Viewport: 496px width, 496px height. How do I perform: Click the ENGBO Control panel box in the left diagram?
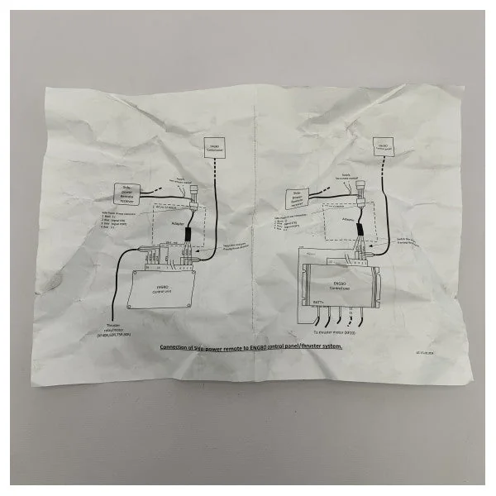(213, 149)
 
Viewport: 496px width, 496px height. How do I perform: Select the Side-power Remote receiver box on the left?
(126, 194)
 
